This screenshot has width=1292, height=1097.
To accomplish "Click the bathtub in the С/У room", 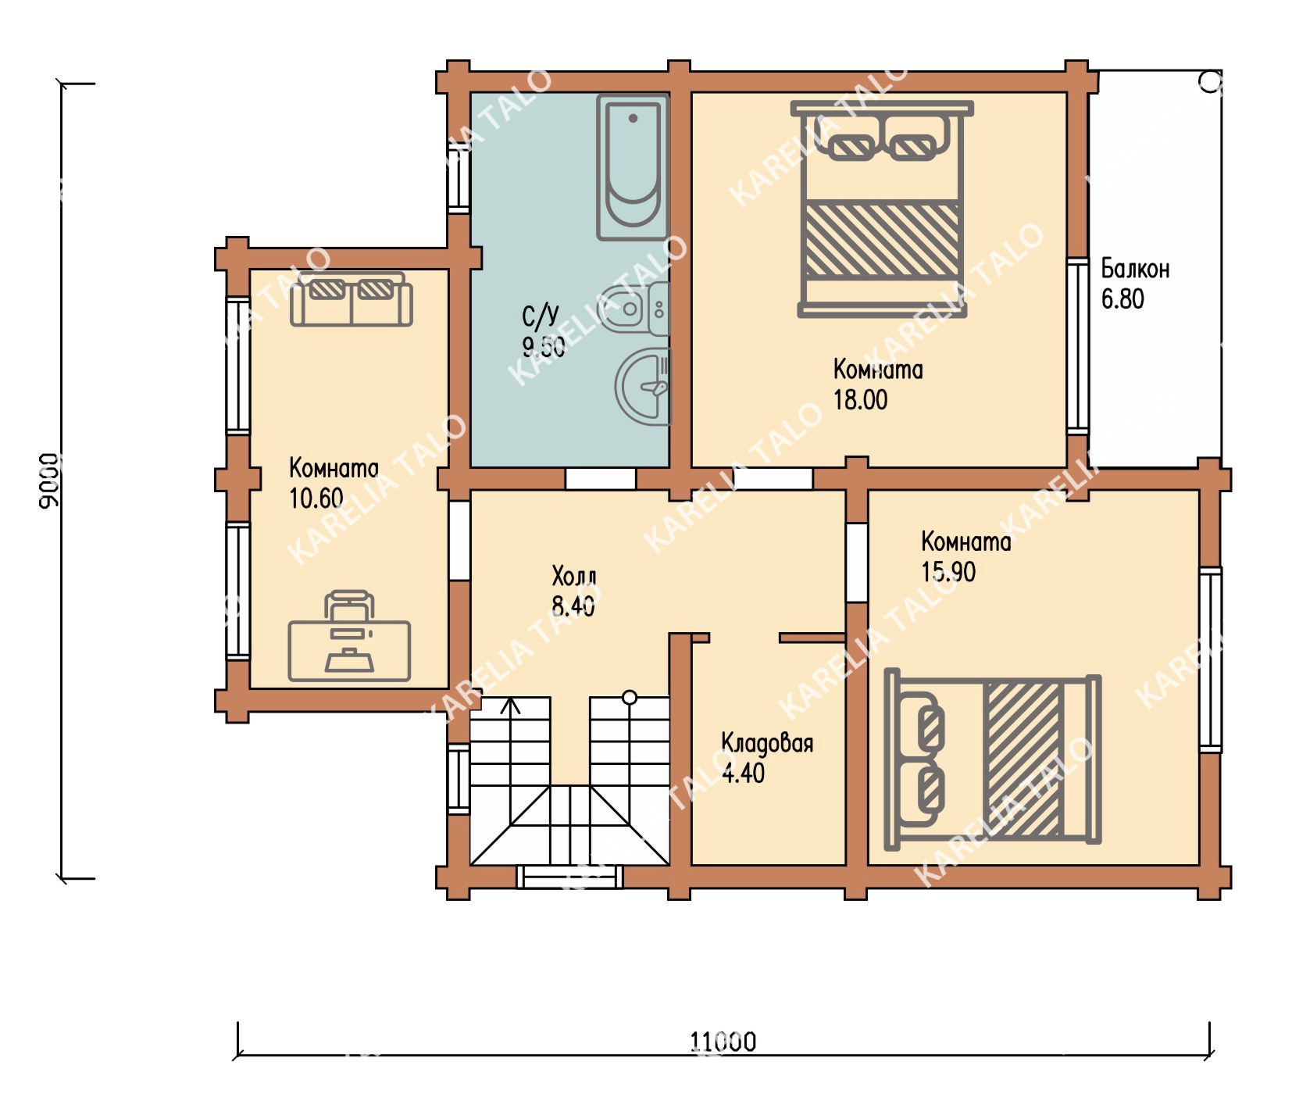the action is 633,166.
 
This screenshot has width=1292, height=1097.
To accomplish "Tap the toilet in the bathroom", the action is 634,309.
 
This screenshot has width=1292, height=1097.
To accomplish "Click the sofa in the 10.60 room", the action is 351,299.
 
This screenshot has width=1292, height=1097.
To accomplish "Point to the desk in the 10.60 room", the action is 349,637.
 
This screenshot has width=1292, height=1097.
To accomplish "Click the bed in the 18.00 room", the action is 882,209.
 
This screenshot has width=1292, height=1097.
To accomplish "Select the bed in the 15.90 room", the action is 992,759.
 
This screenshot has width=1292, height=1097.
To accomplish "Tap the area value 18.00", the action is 860,400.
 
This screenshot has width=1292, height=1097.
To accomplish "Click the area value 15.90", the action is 948,572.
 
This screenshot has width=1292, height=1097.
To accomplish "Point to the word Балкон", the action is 1135,269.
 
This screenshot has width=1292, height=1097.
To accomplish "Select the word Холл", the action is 574,577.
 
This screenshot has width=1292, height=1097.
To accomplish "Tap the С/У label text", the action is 541,315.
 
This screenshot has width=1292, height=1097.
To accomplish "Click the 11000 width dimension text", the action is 723,1042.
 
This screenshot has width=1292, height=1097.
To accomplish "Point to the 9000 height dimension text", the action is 48,481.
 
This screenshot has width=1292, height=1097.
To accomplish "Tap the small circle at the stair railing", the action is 630,697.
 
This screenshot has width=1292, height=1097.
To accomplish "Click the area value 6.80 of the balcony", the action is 1122,299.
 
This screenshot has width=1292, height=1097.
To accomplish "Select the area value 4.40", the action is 743,774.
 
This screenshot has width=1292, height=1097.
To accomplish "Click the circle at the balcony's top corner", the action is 1211,81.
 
